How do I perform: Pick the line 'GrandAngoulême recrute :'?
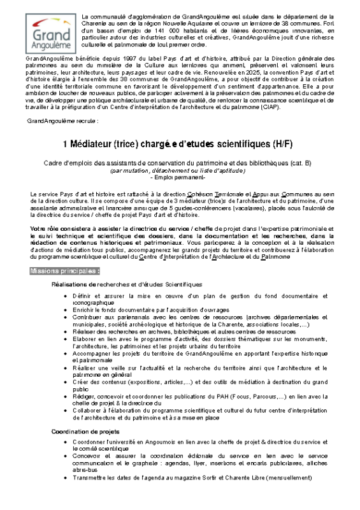(62, 120)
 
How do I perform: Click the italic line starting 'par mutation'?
(180, 171)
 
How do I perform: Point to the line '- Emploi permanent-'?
(180, 177)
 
